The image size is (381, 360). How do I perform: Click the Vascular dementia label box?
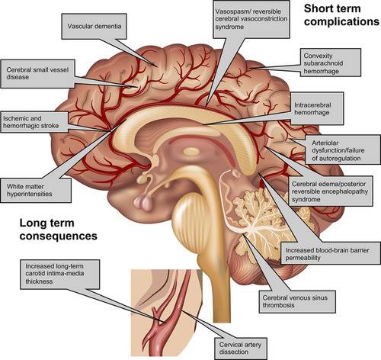pos(94,26)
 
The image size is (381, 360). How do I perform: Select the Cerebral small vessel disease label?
pos(37,74)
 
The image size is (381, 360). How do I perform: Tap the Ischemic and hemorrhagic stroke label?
pos(34,122)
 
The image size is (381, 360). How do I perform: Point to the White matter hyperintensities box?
pos(36,190)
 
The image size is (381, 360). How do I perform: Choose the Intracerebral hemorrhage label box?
pos(317,108)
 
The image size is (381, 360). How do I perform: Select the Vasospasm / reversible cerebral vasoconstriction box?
pos(251,19)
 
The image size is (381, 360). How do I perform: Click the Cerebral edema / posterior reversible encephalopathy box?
pos(331,191)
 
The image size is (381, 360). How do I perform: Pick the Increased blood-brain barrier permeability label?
pos(331,253)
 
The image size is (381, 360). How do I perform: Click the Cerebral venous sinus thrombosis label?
pos(297,301)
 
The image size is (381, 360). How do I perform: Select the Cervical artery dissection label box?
pos(241,349)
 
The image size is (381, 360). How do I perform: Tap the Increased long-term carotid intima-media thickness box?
pos(59,274)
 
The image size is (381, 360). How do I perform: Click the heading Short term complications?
pos(341,15)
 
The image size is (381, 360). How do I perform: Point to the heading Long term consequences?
pos(58,230)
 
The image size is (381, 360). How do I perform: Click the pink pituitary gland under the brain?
pos(142,202)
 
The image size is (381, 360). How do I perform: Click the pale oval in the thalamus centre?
pos(191,152)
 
